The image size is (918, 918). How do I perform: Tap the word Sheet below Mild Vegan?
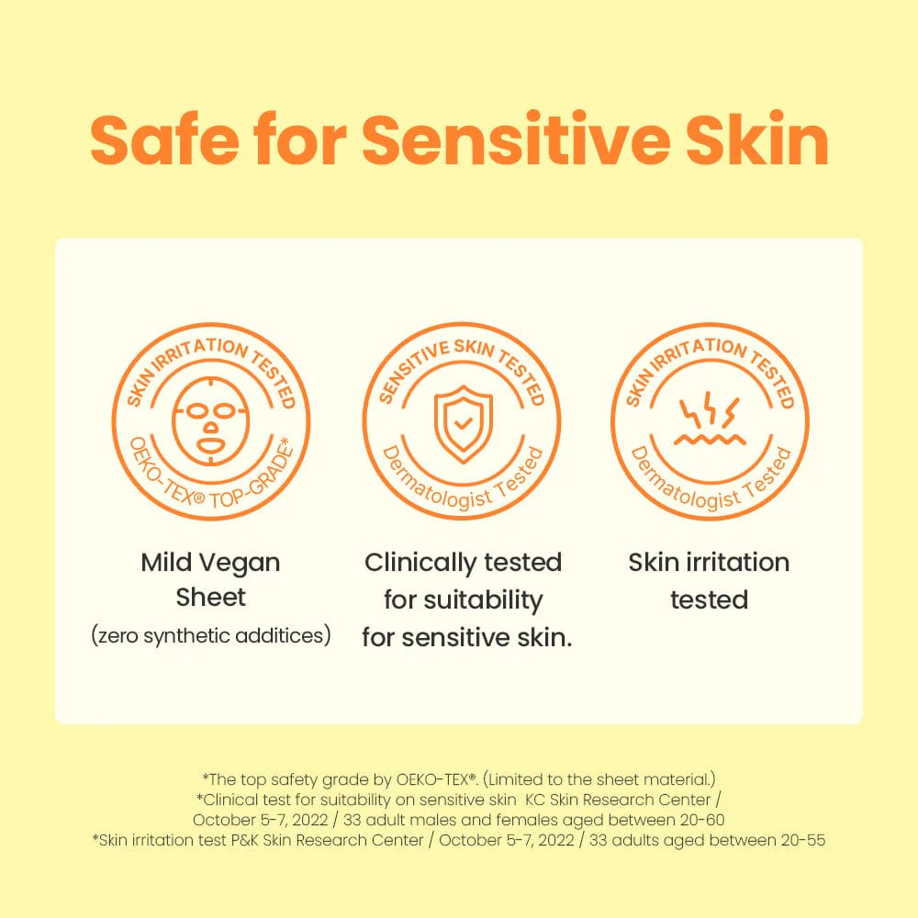click(211, 598)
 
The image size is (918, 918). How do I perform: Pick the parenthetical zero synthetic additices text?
click(211, 635)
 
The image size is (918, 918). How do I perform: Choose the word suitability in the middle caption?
click(483, 600)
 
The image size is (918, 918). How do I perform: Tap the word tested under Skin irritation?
click(709, 600)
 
